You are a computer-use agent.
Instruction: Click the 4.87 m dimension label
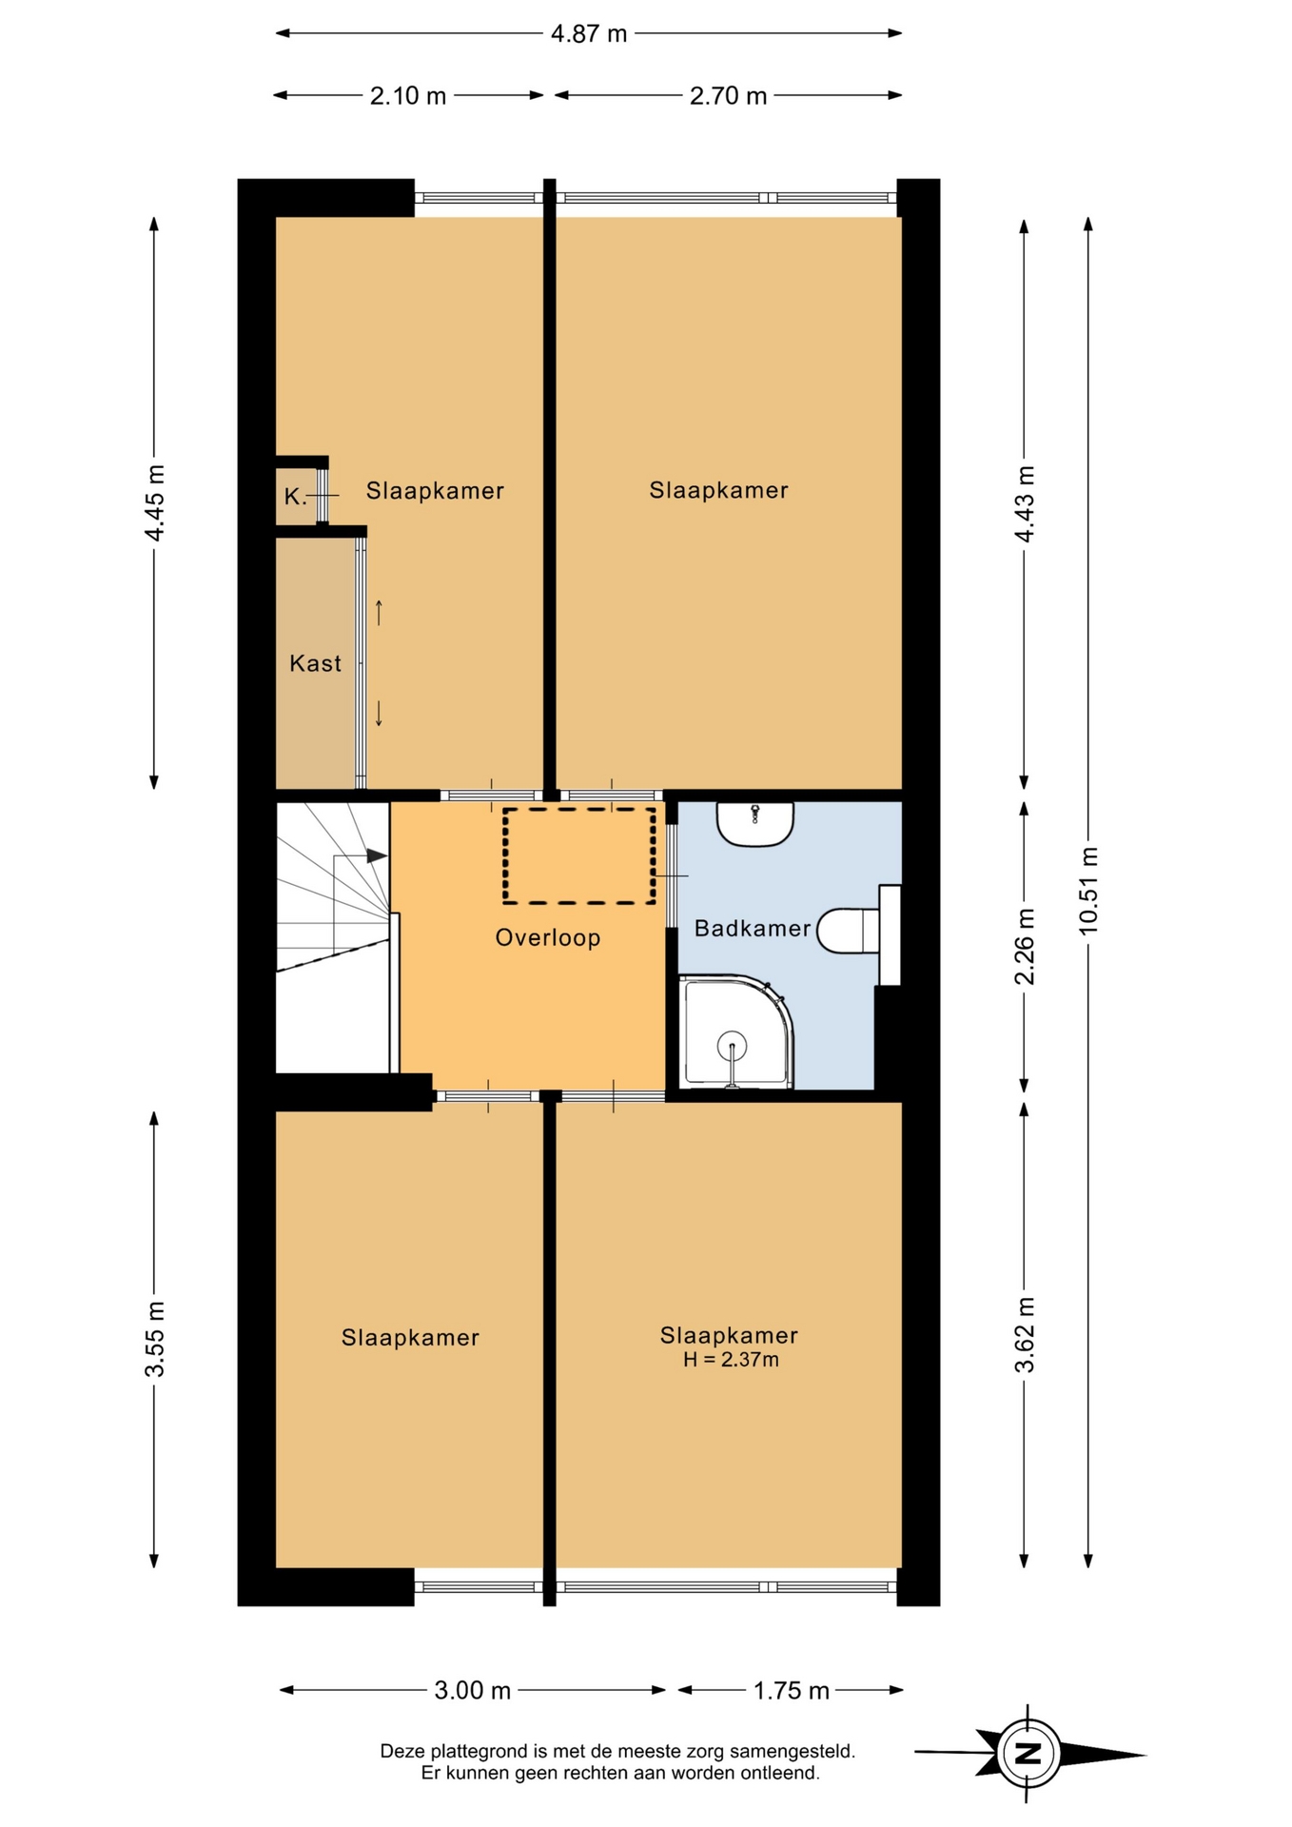click(589, 34)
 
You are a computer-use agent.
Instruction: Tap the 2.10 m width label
click(408, 96)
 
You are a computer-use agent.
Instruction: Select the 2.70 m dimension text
click(728, 96)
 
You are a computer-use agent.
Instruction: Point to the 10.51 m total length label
click(1088, 891)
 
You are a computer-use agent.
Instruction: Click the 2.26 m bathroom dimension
click(1025, 947)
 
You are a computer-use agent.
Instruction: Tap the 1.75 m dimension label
click(792, 1691)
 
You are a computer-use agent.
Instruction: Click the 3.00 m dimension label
click(473, 1691)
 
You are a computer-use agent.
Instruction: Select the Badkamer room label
click(753, 929)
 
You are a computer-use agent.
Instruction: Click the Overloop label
click(548, 938)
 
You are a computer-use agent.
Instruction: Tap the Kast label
click(315, 663)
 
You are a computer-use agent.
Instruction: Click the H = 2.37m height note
click(731, 1360)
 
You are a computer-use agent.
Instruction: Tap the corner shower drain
click(733, 1047)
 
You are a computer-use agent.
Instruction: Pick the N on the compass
click(1028, 1753)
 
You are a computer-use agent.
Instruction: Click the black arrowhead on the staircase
click(377, 855)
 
